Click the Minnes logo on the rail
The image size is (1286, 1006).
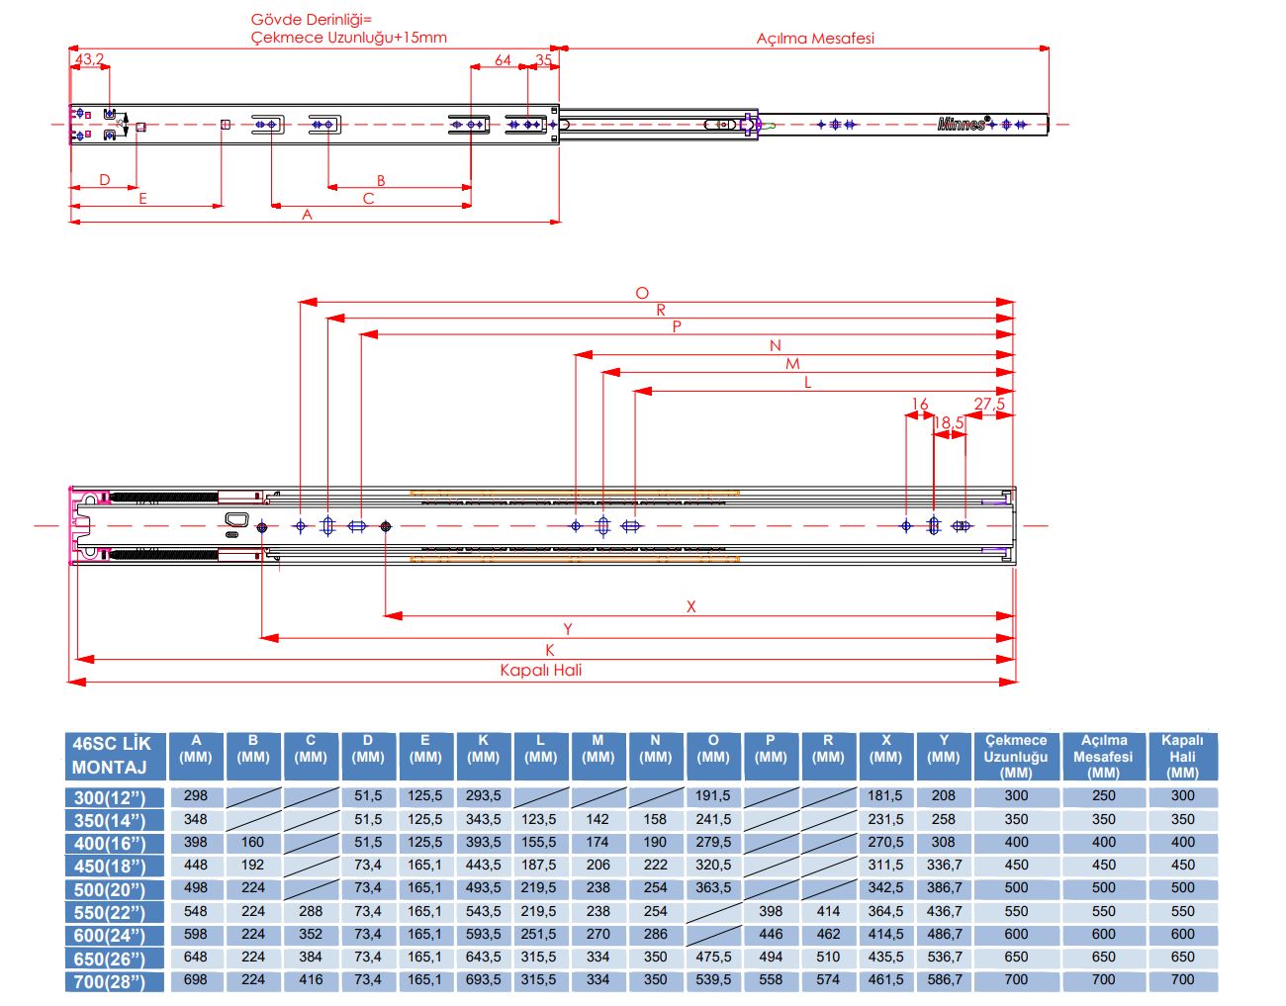(962, 124)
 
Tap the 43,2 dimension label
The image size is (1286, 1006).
(88, 59)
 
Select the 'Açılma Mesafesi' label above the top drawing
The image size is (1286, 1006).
(815, 39)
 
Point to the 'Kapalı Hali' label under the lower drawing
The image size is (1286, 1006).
(541, 670)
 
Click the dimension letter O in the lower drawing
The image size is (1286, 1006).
(642, 293)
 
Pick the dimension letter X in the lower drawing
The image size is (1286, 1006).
(690, 606)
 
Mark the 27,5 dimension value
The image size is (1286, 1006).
(989, 404)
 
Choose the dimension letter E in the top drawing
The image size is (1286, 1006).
(142, 199)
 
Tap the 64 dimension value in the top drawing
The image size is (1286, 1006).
(503, 60)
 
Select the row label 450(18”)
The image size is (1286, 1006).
(109, 867)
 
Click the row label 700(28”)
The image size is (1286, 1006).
(109, 981)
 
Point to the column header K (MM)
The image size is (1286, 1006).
(483, 749)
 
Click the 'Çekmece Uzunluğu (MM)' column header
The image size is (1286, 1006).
(1016, 756)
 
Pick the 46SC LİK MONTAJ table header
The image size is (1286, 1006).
(112, 756)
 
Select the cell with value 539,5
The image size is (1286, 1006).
(713, 979)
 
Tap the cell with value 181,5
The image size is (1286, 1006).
(885, 795)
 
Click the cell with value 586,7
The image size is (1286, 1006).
(944, 979)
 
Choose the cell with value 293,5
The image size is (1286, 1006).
(483, 795)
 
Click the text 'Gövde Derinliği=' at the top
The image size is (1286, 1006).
(312, 20)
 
